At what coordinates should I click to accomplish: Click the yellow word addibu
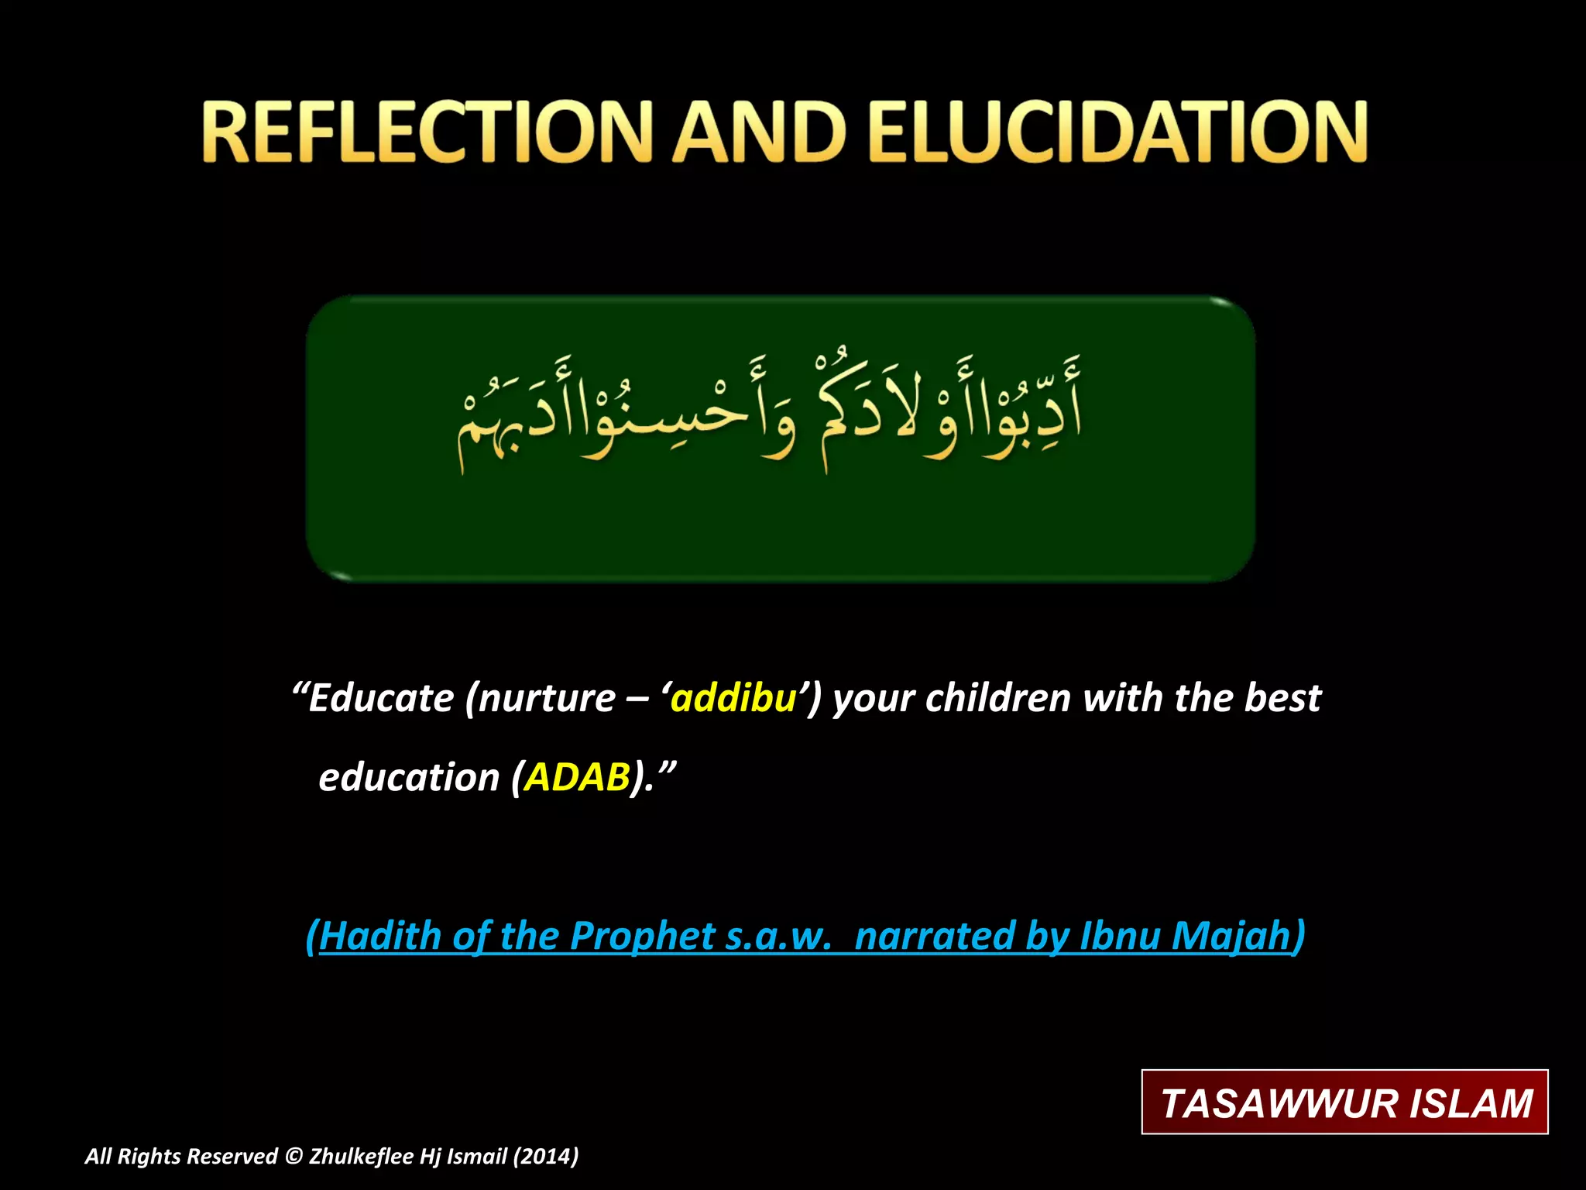(x=733, y=698)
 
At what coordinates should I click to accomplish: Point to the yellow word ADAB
(x=577, y=777)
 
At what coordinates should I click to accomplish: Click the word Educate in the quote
(x=380, y=698)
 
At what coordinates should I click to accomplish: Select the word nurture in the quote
(x=547, y=698)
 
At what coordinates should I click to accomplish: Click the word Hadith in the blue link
(x=379, y=936)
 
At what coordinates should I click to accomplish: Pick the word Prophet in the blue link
(x=642, y=936)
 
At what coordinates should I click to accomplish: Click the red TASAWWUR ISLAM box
(x=1344, y=1102)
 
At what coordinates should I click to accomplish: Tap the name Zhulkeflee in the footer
(x=361, y=1157)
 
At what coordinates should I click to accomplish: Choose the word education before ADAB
(x=409, y=777)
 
